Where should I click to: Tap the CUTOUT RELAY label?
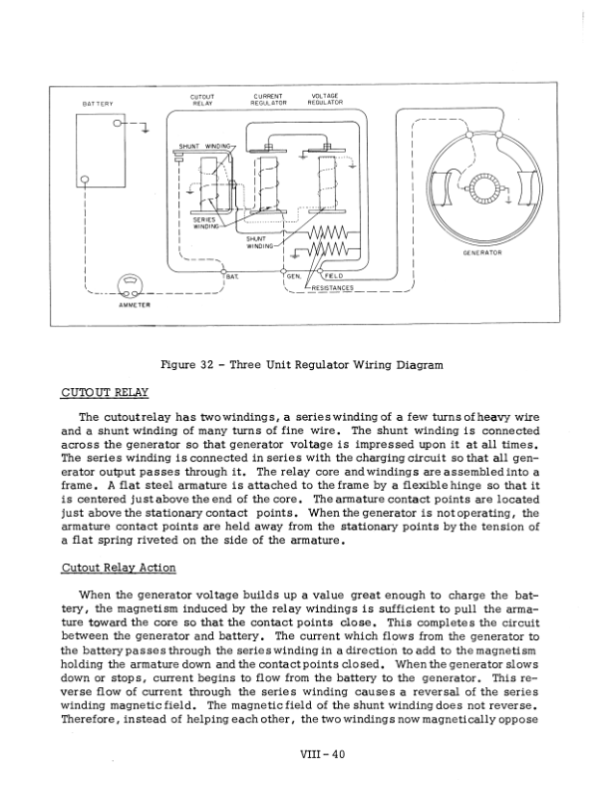pyautogui.click(x=203, y=99)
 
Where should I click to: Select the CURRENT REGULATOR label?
pyautogui.click(x=269, y=99)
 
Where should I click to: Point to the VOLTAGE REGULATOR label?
pyautogui.click(x=325, y=99)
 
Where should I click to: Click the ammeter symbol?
pyautogui.click(x=130, y=286)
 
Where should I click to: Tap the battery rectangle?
pyautogui.click(x=100, y=150)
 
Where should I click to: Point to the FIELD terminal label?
pyautogui.click(x=334, y=275)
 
